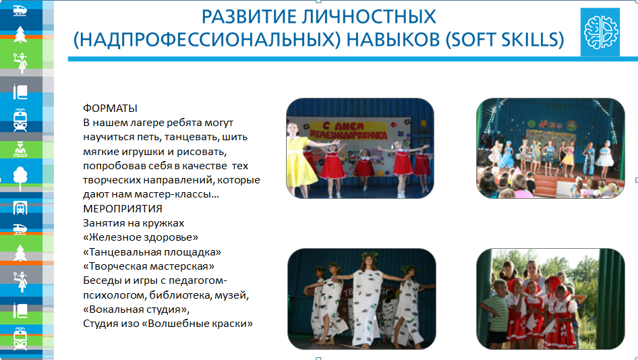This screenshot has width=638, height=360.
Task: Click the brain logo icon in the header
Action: (600, 32)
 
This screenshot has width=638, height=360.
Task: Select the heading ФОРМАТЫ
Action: (110, 109)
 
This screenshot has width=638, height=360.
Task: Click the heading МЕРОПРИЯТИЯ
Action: (123, 208)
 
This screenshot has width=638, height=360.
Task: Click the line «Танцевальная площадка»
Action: (152, 251)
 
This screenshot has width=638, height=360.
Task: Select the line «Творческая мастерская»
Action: (148, 266)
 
